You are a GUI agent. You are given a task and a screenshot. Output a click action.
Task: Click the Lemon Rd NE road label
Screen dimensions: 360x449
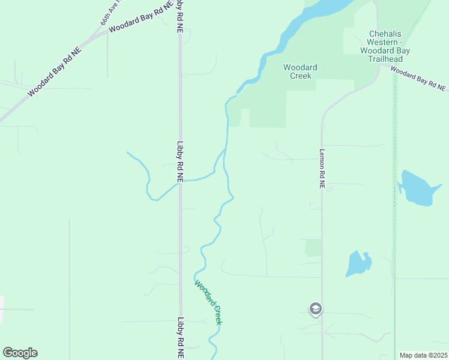coord(322,169)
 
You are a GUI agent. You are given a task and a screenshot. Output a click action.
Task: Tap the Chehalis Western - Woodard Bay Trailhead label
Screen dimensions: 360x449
coord(390,43)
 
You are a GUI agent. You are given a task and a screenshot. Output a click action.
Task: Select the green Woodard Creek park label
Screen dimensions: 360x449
coord(300,71)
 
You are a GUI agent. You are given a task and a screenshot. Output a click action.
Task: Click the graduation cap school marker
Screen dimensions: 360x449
coord(316,309)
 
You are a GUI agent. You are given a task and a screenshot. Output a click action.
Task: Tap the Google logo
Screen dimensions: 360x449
coord(20,353)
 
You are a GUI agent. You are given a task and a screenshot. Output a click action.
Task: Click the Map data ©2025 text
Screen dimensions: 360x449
coord(423,355)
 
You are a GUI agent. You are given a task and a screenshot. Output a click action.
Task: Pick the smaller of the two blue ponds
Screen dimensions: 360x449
coord(358,263)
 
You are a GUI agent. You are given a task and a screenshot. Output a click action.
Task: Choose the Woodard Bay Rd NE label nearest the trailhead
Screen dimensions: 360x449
coord(419,79)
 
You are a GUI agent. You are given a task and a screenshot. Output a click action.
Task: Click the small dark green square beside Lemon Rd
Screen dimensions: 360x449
coord(313,248)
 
